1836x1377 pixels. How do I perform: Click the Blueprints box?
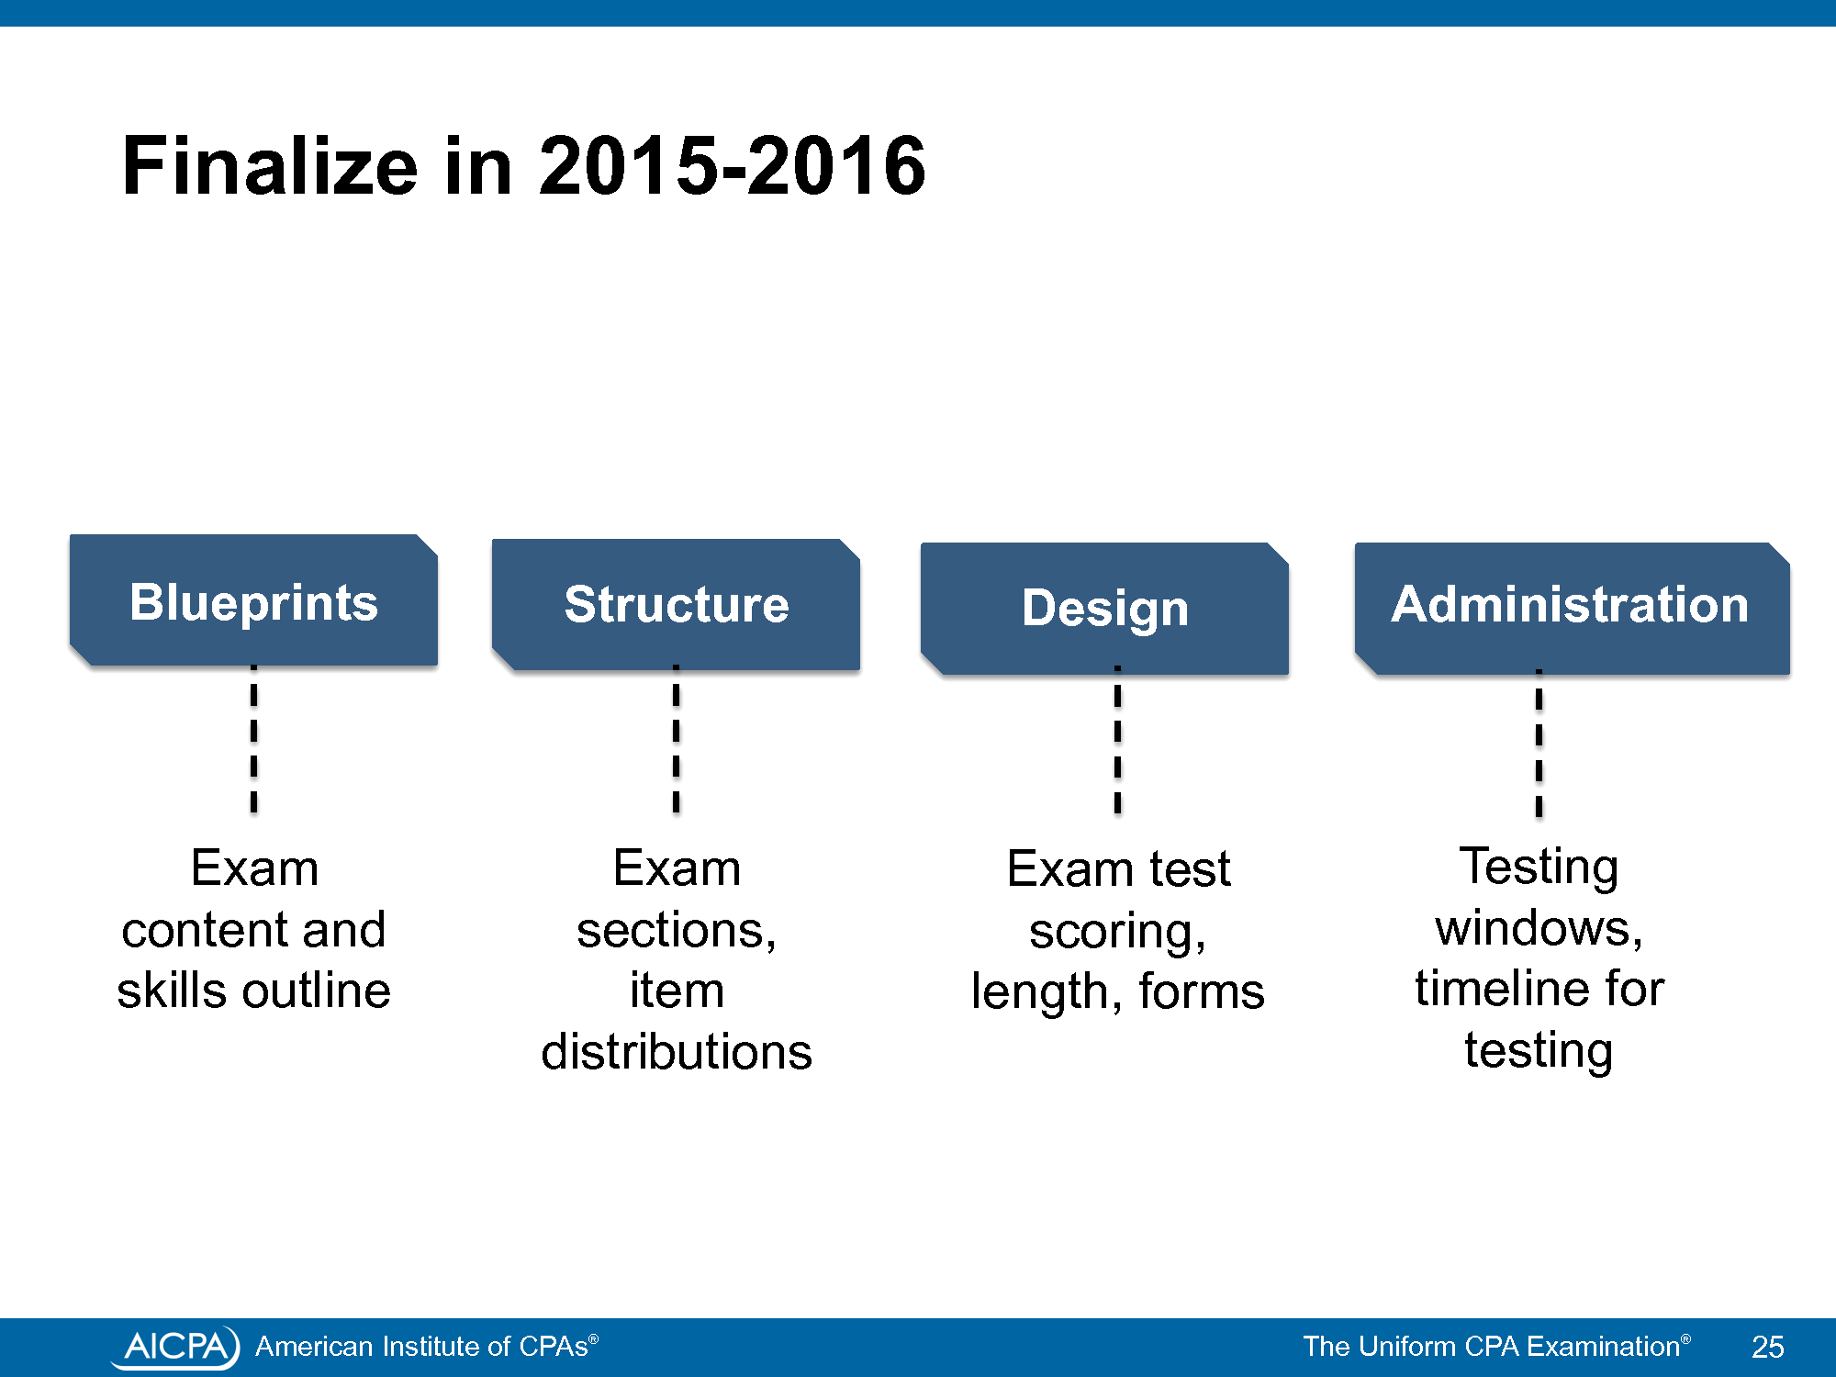click(253, 600)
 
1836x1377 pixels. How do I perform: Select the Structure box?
click(676, 604)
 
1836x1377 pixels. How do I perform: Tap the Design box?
click(1104, 609)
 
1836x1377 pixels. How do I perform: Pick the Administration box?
click(1572, 609)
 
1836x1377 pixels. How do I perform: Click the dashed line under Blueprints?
click(254, 739)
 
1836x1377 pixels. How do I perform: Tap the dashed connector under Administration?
click(1539, 743)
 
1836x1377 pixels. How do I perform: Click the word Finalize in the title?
click(270, 166)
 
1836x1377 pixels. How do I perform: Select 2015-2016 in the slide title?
click(732, 166)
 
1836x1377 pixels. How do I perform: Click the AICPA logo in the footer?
click(175, 1347)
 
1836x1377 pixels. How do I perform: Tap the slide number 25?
click(1767, 1347)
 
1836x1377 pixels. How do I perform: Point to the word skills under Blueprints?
click(172, 991)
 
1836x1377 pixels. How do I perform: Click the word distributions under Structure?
click(677, 1051)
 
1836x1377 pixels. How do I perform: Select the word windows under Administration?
click(1539, 928)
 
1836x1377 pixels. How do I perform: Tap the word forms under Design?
click(1202, 991)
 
